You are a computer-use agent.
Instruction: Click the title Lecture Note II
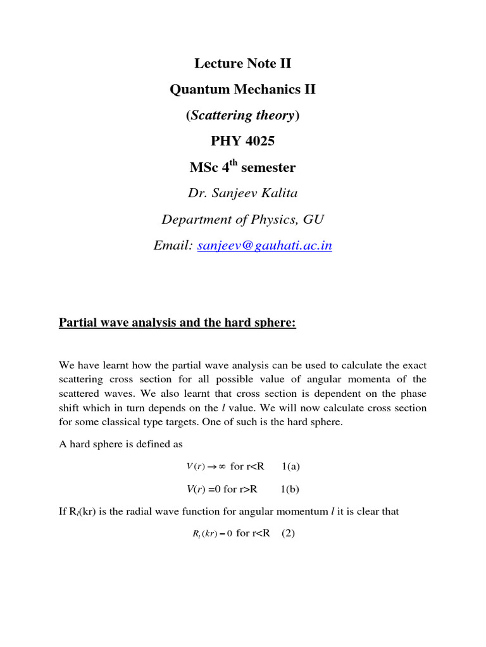[242, 63]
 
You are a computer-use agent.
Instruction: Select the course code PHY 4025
[242, 141]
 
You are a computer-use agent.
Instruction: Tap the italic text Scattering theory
[242, 115]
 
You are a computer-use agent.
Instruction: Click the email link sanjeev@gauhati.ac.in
[265, 246]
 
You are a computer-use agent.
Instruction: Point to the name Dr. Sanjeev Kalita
[242, 193]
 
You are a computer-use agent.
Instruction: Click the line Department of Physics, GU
[242, 219]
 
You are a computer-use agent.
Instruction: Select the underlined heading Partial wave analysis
[177, 323]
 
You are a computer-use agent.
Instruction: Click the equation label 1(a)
[290, 466]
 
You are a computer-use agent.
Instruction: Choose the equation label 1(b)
[290, 489]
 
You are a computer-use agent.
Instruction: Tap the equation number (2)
[289, 533]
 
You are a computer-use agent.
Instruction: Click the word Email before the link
[171, 246]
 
